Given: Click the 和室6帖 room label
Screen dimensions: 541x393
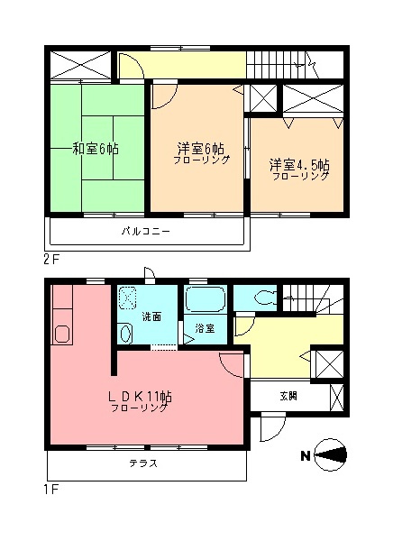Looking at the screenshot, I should pos(95,150).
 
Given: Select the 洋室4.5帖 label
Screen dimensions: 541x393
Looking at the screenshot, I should pos(298,166).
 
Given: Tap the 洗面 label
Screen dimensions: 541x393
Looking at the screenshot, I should pos(151,316).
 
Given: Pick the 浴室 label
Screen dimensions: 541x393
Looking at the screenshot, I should pos(205,328).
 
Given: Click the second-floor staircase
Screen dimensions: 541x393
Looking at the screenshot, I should pos(279,64).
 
